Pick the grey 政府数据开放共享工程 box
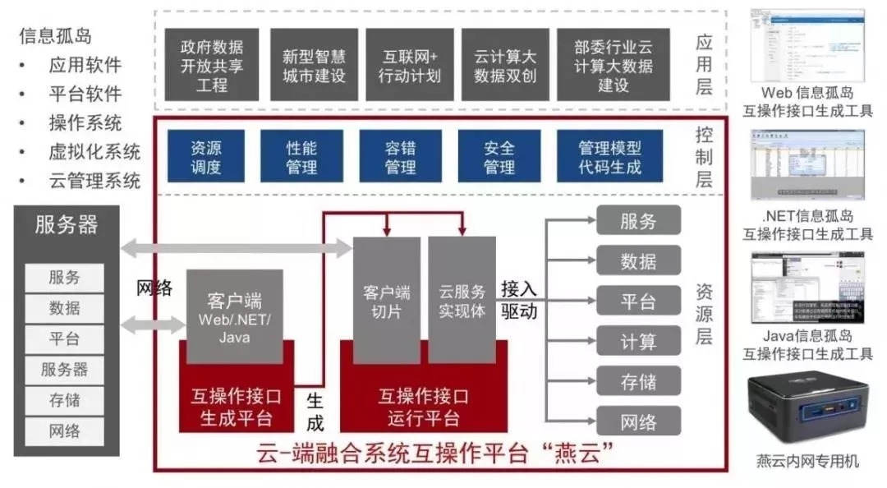[x=212, y=65]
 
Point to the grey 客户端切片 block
[x=387, y=301]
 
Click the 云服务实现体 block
[x=462, y=301]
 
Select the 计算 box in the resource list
[x=638, y=340]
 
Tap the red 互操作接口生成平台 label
[x=237, y=407]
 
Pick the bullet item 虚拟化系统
[x=94, y=152]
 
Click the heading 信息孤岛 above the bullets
[x=56, y=35]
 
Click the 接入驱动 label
[x=519, y=300]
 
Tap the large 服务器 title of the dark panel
[x=67, y=224]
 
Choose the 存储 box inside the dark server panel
[x=65, y=399]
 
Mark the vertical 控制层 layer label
[x=704, y=157]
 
